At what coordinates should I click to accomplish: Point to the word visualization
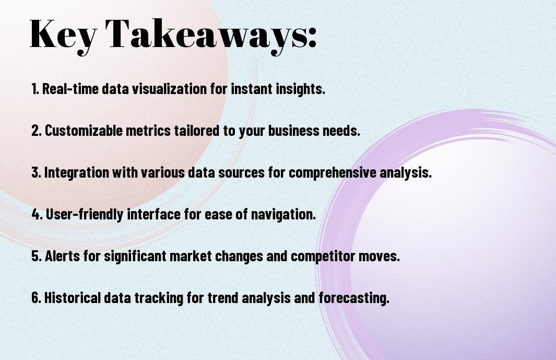[x=170, y=88]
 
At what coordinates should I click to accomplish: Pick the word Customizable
[x=84, y=130]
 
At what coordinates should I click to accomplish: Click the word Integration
[x=77, y=172]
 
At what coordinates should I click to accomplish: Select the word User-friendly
[x=85, y=214]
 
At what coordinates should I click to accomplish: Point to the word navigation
[x=283, y=215]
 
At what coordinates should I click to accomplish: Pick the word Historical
[x=73, y=297]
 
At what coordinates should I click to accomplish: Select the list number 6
[x=36, y=297]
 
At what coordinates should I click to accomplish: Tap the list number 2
[x=36, y=130]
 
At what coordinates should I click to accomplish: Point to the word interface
[x=153, y=214]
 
